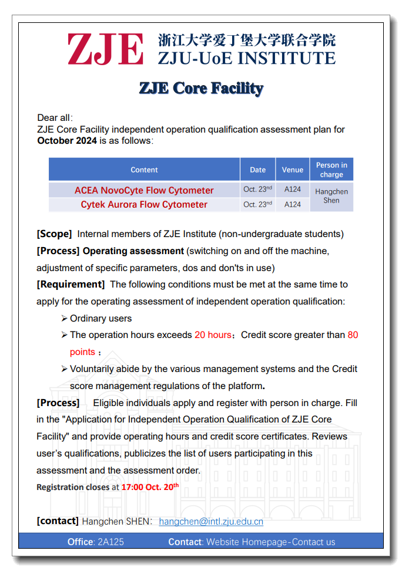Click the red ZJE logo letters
point(105,49)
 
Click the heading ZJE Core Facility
point(201,89)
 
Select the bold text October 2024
point(67,141)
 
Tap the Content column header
point(144,170)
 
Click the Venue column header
point(292,170)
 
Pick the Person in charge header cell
point(331,170)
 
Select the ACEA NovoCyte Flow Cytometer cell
point(144,190)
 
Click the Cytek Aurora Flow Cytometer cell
point(144,204)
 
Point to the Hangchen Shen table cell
point(331,196)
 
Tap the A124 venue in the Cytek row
point(292,204)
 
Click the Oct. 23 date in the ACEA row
point(257,190)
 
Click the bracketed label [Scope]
point(54,234)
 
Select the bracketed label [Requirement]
point(71,284)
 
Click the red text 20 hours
point(213,335)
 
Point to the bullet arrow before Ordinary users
point(64,318)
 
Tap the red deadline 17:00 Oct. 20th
point(150,486)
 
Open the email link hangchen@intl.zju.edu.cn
point(211,521)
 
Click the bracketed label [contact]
point(57,521)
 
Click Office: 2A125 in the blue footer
point(96,542)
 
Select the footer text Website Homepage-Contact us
point(270,542)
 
